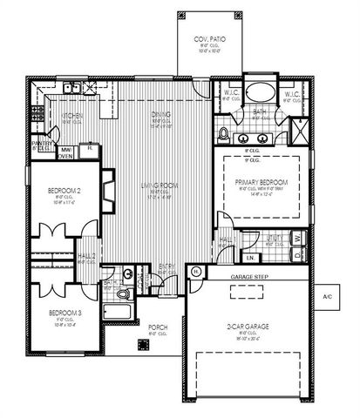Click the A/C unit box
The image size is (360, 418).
(328, 297)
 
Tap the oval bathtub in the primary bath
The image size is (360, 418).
(258, 94)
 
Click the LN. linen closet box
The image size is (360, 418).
(250, 257)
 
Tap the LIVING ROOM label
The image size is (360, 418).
(159, 185)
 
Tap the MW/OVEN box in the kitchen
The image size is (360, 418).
(65, 153)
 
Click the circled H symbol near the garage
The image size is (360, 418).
(196, 271)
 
